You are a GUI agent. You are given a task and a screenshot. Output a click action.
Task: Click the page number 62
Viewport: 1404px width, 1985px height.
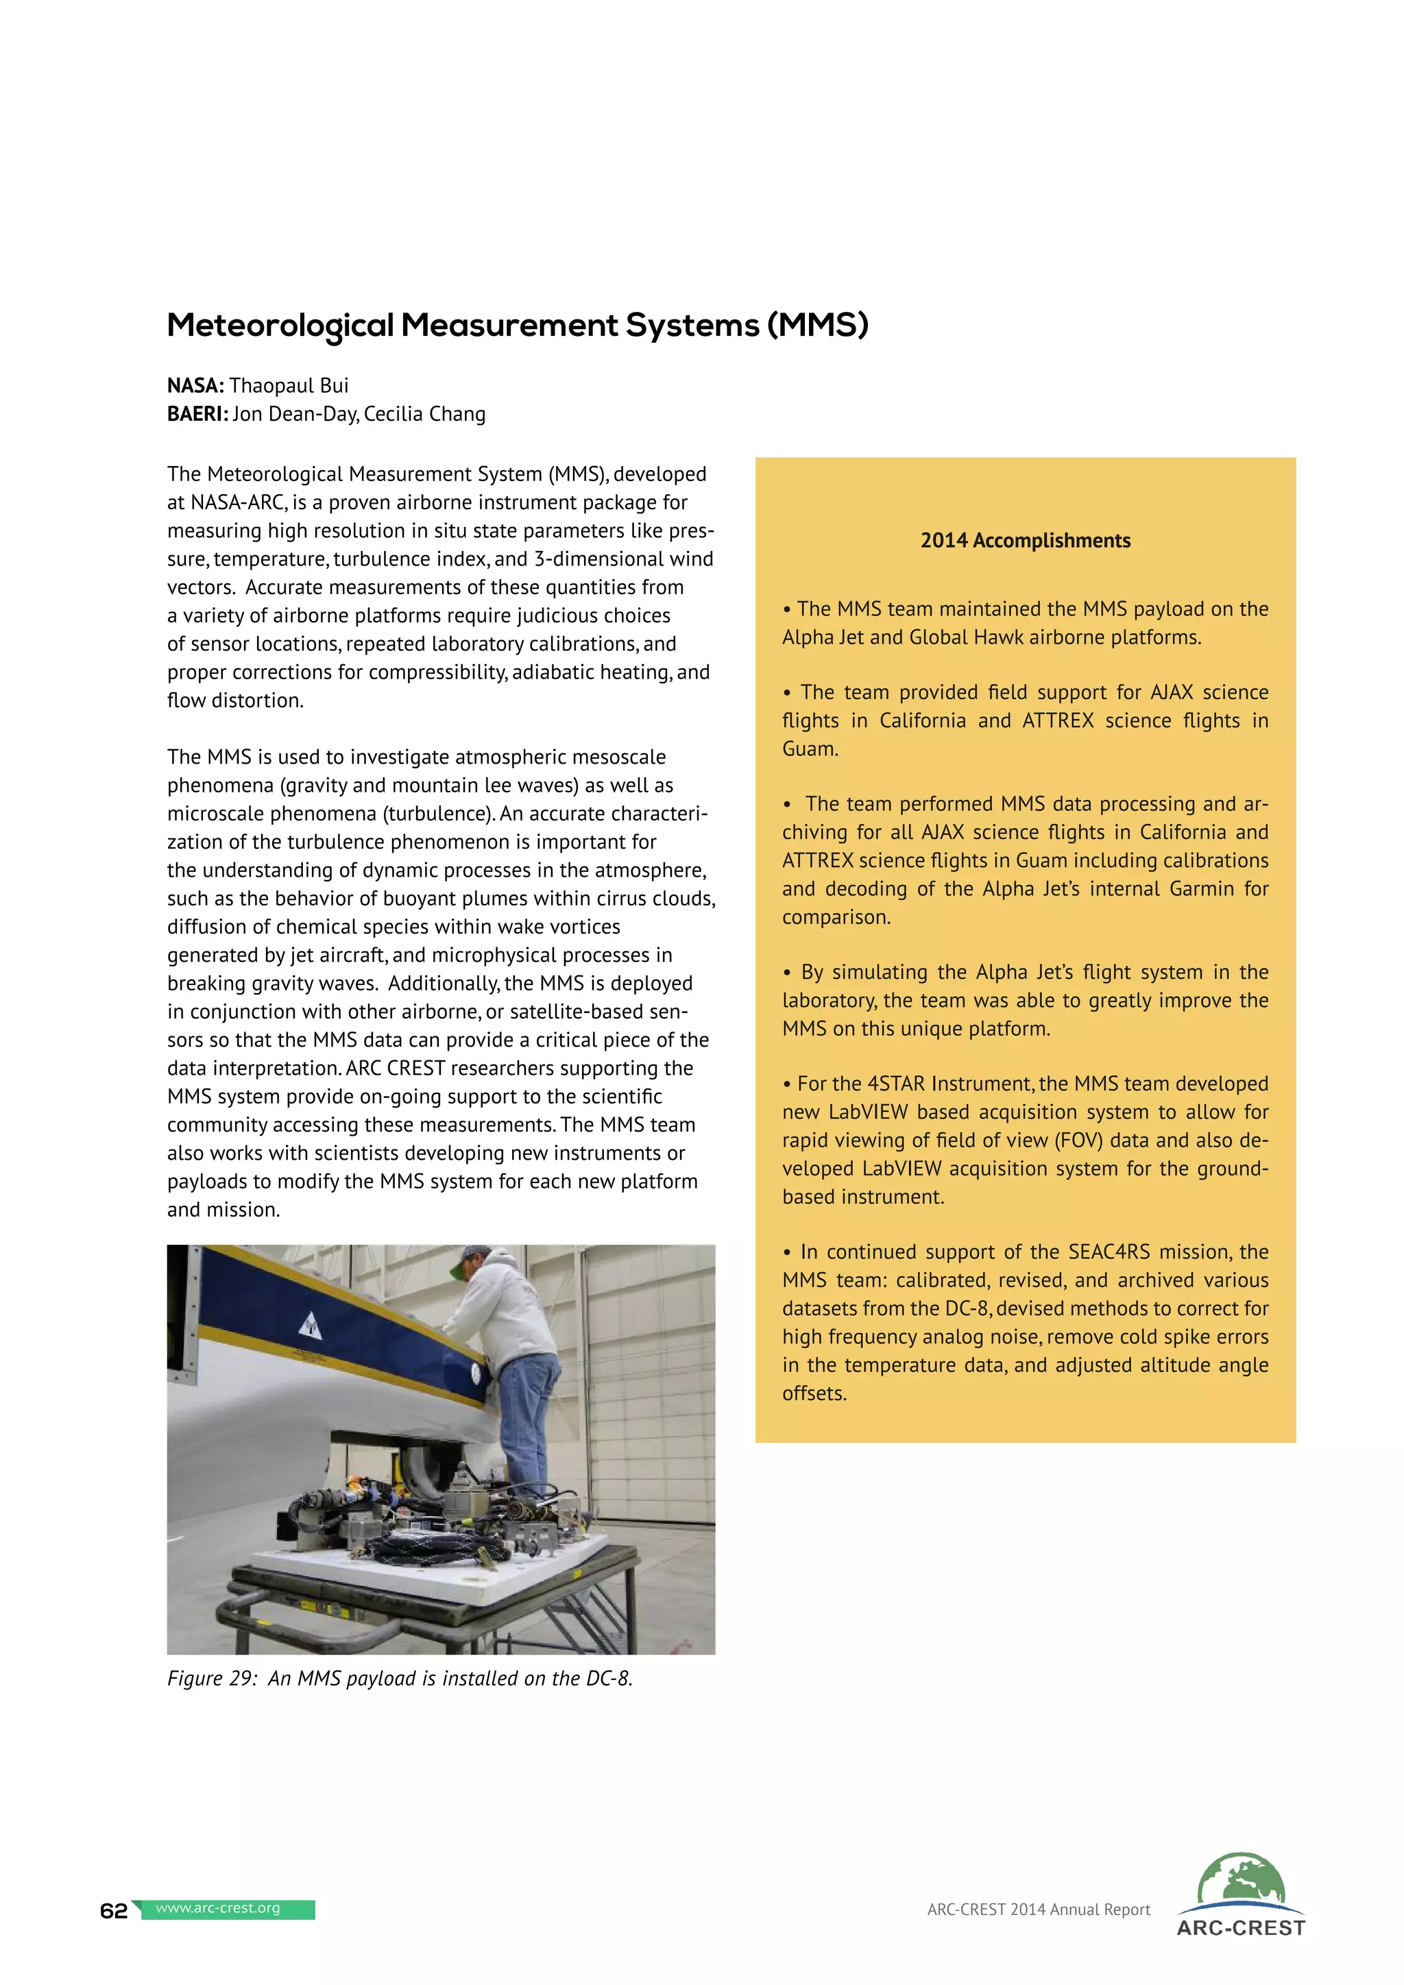(x=113, y=1911)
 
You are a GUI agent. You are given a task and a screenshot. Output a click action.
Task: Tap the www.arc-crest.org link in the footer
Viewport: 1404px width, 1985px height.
(x=218, y=1908)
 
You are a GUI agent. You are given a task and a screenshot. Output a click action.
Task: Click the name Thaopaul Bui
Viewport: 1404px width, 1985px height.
(x=289, y=386)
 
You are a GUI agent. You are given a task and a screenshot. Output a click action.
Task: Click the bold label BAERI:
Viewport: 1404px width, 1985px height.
(x=197, y=414)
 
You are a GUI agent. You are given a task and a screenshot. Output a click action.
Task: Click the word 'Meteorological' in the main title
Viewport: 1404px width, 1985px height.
(x=280, y=326)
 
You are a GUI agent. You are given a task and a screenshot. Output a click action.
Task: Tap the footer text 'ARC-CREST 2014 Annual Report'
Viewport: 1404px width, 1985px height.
(x=1039, y=1910)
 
